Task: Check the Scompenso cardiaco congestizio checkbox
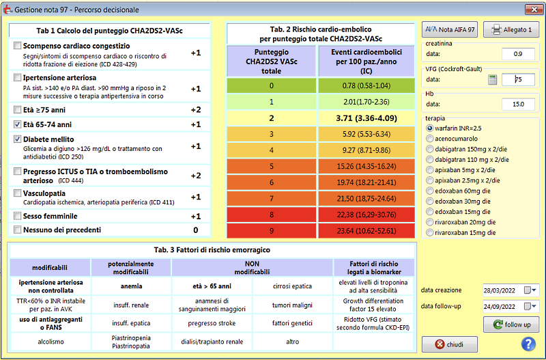(x=17, y=46)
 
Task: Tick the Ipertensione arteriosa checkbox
(x=17, y=77)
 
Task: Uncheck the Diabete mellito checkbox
(x=17, y=139)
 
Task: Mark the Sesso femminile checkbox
(x=17, y=216)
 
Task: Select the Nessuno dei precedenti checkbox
(x=17, y=230)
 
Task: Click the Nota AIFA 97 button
(x=450, y=29)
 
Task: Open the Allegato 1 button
(x=511, y=29)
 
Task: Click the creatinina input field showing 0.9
(x=518, y=54)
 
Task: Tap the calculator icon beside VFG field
(x=492, y=79)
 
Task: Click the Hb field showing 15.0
(x=518, y=105)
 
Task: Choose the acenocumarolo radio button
(x=430, y=139)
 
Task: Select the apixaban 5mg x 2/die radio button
(x=430, y=170)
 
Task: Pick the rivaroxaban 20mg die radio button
(x=430, y=222)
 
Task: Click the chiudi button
(x=450, y=344)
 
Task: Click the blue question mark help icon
(x=528, y=344)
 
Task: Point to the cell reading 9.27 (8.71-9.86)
(x=367, y=150)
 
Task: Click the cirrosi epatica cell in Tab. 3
(x=293, y=286)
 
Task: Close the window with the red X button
(x=534, y=10)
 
